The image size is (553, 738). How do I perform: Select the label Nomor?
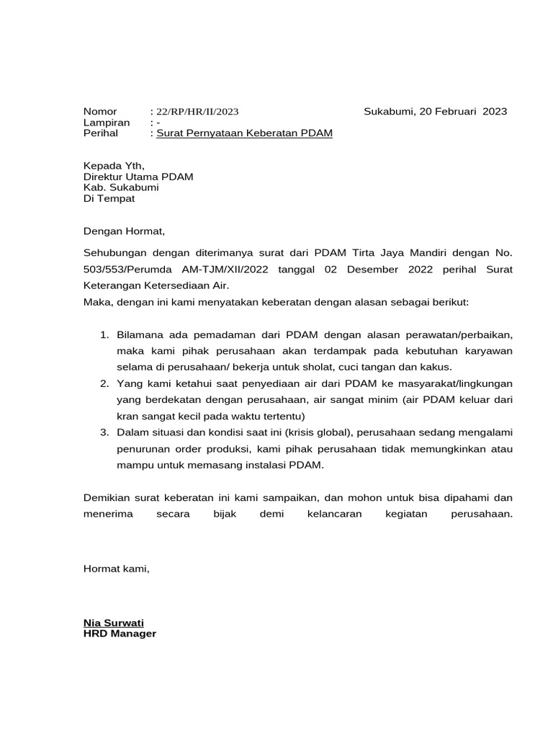tap(99, 112)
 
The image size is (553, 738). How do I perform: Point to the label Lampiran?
tap(106, 123)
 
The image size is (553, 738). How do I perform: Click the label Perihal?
tap(103, 134)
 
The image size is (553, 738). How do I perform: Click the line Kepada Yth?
tap(114, 166)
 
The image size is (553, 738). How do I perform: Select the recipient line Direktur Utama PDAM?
tap(138, 177)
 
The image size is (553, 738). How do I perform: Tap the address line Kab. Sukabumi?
tap(121, 187)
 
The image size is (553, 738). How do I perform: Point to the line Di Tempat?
tap(109, 198)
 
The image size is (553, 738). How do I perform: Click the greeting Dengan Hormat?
tap(124, 231)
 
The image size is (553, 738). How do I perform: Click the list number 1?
tap(104, 335)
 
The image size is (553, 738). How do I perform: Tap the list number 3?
tap(104, 432)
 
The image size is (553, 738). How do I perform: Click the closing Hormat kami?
tap(117, 569)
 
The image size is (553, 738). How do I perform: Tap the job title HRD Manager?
tap(120, 633)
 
